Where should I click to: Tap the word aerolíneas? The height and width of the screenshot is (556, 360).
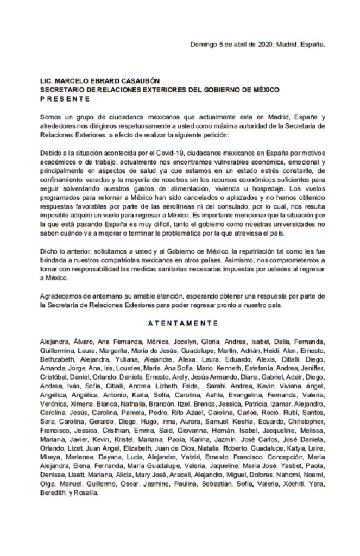click(x=173, y=208)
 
